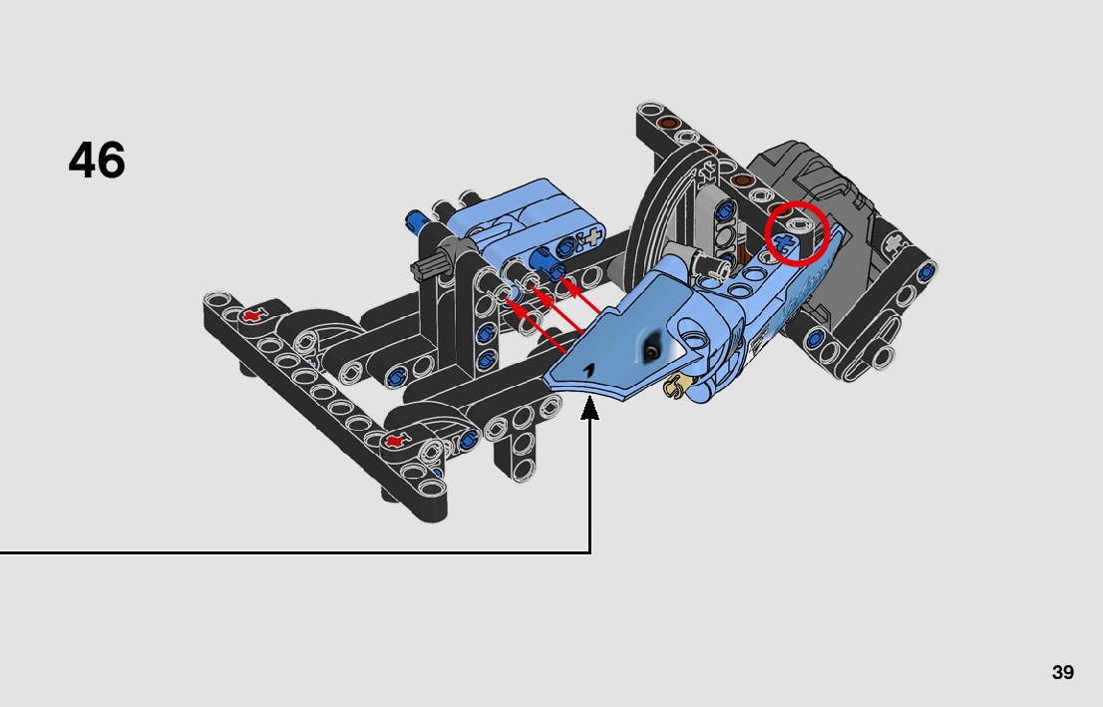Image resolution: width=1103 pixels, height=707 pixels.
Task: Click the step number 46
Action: [x=97, y=161]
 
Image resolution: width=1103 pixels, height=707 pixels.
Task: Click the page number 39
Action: [x=1063, y=672]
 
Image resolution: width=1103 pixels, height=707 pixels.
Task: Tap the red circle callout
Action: [x=797, y=233]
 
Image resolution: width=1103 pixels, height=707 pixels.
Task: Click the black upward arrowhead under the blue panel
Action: [x=589, y=408]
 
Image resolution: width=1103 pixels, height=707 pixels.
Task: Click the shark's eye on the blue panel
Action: [x=653, y=351]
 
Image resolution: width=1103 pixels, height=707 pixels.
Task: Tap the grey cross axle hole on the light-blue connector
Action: [x=594, y=236]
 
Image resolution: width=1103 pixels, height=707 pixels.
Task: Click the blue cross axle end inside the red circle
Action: [x=784, y=245]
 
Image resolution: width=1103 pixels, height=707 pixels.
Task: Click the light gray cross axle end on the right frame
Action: [x=894, y=243]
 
